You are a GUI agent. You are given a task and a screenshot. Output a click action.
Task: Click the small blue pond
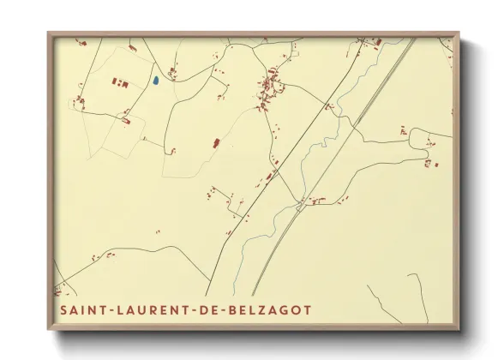tap(156, 81)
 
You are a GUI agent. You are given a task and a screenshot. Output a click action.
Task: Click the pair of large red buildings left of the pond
tap(119, 82)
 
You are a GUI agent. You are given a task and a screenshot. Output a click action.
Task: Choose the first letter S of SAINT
tap(63, 309)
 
